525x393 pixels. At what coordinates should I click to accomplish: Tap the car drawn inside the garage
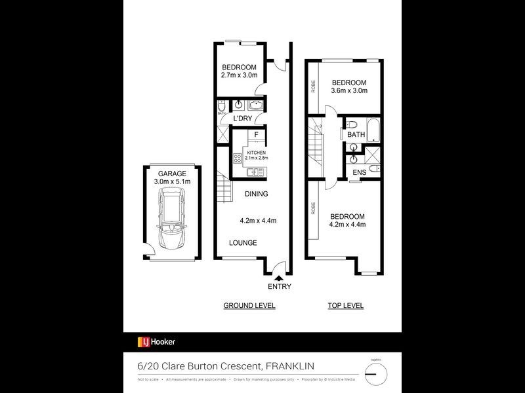point(171,219)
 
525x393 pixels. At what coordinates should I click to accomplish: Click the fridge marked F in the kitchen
point(256,136)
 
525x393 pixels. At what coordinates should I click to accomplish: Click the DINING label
point(256,195)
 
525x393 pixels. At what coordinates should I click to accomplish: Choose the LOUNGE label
point(243,243)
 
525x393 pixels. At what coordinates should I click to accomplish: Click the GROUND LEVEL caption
point(249,306)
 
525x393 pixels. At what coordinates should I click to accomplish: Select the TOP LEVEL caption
point(345,306)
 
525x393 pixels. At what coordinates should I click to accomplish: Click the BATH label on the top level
point(356,134)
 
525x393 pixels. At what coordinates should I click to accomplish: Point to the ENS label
point(360,172)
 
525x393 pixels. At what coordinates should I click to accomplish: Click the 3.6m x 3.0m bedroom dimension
point(348,90)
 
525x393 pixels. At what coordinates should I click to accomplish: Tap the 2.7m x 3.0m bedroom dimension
point(238,75)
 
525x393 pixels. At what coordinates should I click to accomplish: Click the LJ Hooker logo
point(156,341)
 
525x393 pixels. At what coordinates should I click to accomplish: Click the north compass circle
point(376,374)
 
